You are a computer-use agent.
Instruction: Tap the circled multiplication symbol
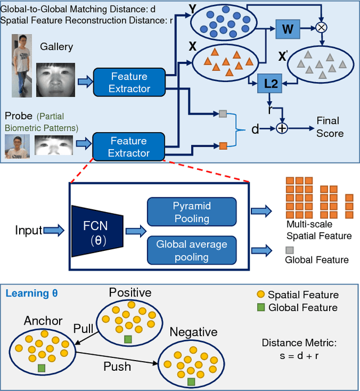(x=322, y=26)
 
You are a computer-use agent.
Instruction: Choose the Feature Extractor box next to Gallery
(x=129, y=83)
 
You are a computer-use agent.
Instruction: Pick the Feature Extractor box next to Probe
(x=129, y=147)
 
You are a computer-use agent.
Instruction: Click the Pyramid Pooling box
(x=191, y=213)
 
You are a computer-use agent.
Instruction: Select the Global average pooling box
(x=191, y=250)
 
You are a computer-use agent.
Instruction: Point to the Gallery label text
(x=57, y=47)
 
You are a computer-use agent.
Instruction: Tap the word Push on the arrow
(x=118, y=366)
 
